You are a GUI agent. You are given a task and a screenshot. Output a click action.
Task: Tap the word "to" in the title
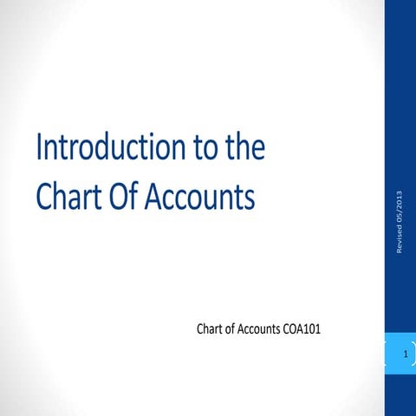(x=202, y=150)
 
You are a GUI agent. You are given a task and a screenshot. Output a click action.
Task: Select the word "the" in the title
(x=244, y=150)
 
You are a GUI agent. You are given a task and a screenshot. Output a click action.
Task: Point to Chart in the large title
(x=68, y=197)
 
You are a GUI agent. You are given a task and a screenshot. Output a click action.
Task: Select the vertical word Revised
(x=400, y=238)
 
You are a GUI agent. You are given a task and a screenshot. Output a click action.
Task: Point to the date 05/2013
(x=400, y=205)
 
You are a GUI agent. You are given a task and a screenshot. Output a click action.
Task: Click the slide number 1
(x=405, y=355)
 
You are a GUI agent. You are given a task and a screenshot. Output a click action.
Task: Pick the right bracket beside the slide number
(x=413, y=355)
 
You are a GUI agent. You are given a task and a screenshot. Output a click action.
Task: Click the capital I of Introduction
(x=39, y=150)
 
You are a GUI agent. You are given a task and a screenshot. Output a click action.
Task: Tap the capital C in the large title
(x=45, y=197)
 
